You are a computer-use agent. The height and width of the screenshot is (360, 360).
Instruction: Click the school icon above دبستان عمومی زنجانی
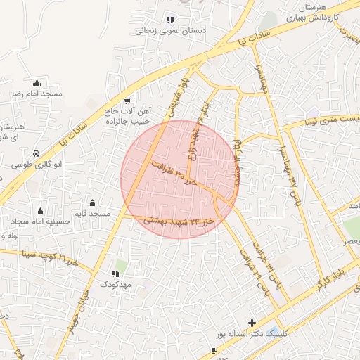coord(169,19)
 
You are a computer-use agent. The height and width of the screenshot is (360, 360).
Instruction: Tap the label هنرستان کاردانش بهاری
coord(314,9)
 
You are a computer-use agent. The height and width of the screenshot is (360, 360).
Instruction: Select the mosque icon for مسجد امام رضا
coord(37,83)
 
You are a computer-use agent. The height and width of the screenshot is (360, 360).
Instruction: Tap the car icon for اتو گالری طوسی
coord(37,153)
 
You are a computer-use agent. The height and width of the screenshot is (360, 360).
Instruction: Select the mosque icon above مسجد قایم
coord(92,202)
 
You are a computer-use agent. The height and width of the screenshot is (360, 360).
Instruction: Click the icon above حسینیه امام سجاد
coord(40,211)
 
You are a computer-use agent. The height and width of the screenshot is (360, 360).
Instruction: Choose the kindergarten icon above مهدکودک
coord(115,273)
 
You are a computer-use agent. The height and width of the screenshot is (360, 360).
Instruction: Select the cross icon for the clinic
coord(252,323)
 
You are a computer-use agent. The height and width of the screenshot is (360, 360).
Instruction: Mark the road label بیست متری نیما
coord(333,120)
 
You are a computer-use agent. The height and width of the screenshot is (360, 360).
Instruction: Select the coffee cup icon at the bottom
coord(214,350)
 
